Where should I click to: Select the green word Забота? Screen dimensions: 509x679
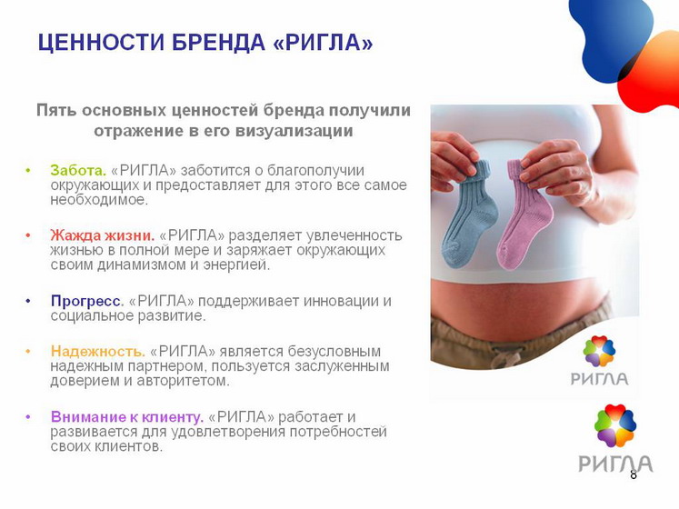click(x=78, y=170)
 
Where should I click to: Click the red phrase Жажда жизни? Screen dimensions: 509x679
click(x=103, y=235)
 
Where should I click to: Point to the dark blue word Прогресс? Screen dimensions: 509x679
click(x=87, y=301)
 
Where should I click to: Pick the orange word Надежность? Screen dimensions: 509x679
click(x=98, y=351)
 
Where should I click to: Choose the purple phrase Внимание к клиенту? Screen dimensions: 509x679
click(x=127, y=416)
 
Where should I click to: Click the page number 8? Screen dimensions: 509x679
click(x=634, y=474)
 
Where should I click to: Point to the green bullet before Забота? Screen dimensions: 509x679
click(x=28, y=170)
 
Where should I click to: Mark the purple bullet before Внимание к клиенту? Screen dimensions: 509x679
click(x=28, y=416)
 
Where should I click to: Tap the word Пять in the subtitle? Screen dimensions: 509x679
click(x=55, y=111)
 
